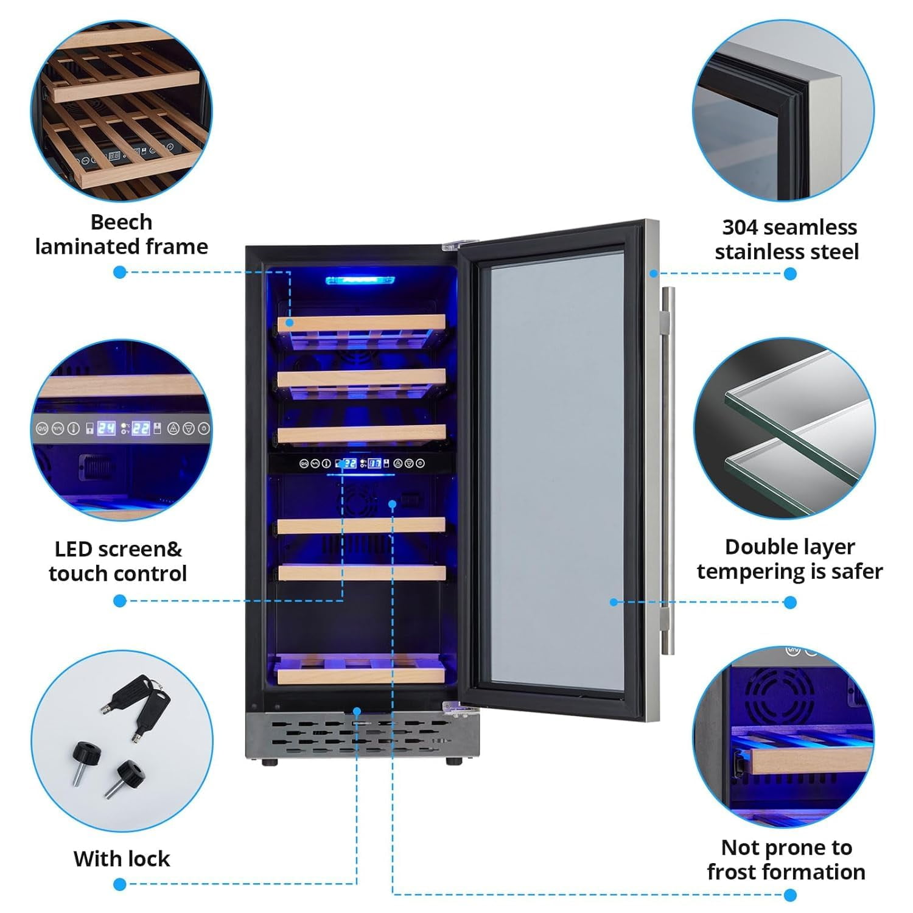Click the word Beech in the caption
[121, 222]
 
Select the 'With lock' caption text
[121, 858]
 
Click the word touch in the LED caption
[74, 573]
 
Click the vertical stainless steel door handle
[668, 469]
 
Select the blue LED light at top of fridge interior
[360, 281]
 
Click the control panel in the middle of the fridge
[362, 463]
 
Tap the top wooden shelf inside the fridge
[362, 323]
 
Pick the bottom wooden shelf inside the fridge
[360, 673]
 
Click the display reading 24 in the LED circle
[107, 428]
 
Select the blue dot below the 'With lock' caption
[120, 884]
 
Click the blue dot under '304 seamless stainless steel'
[790, 274]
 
